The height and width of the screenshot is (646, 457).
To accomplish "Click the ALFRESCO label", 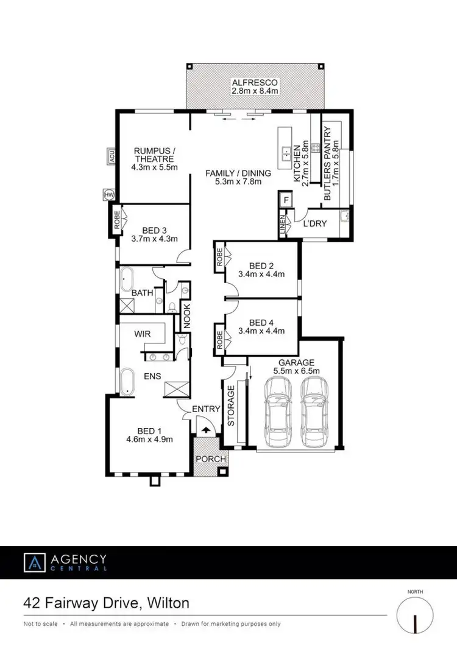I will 255,82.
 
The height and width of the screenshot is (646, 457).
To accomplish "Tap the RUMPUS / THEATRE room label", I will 155,155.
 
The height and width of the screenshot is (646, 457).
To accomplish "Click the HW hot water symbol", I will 110,194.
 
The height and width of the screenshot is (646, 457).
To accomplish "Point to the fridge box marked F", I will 285,199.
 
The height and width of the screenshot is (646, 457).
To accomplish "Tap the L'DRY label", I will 315,223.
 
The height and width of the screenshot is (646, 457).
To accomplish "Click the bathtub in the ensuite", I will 127,381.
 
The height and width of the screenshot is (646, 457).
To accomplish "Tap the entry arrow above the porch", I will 204,430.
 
